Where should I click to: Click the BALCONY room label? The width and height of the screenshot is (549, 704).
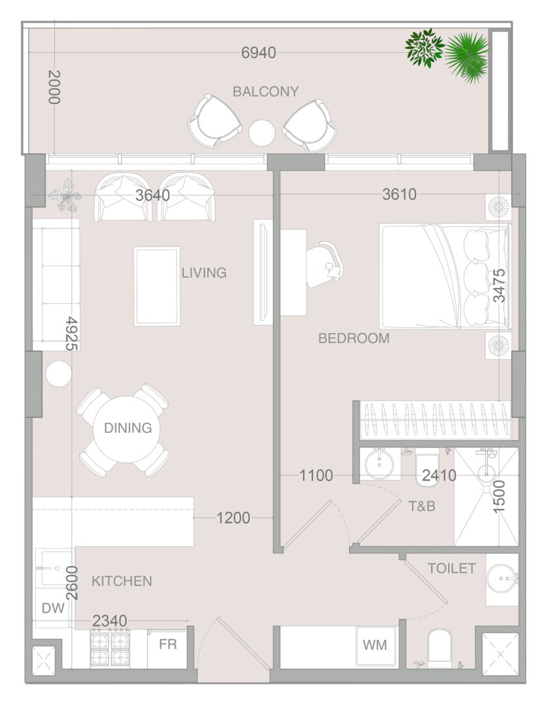266,92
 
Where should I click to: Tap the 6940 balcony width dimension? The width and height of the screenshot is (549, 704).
259,53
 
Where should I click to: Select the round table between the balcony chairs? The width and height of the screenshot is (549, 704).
262,133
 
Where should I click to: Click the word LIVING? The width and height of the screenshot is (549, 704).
204,272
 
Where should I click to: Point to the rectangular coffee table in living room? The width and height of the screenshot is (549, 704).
157,286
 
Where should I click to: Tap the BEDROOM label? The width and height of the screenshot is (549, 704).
354,338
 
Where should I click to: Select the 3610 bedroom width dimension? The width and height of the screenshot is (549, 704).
399,194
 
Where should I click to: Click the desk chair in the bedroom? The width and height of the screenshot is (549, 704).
326,265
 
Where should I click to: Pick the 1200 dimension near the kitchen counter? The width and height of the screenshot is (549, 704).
233,518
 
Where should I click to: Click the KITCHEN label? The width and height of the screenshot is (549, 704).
122,581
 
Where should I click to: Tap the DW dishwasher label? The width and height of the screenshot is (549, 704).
53,608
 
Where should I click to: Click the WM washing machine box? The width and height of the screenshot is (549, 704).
376,645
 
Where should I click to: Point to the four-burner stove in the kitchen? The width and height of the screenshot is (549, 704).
110,649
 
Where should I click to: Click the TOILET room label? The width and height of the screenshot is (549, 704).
452,568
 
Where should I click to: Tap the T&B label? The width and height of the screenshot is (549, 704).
422,506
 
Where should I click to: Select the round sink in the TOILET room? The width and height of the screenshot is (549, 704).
501,579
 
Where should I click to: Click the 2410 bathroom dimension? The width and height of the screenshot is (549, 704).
439,475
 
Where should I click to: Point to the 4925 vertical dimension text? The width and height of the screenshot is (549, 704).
72,333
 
